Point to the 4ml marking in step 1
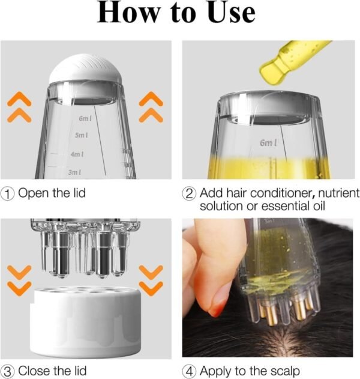pos(77,154)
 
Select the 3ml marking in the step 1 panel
pos(74,172)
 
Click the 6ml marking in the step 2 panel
pos(268,143)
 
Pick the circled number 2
pos(190,193)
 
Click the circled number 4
pos(190,371)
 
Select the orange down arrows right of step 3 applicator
pos(151,279)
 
